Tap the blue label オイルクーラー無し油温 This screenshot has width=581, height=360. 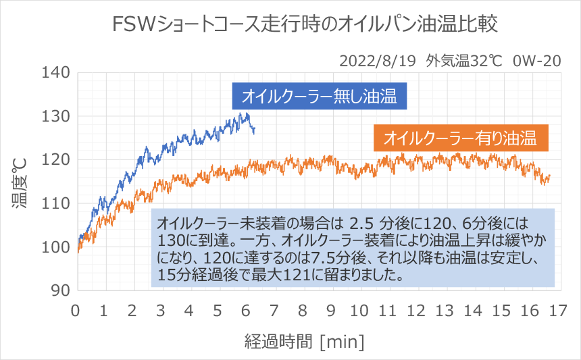[319, 96]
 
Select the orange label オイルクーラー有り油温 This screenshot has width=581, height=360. [460, 139]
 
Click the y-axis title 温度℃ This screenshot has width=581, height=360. [20, 180]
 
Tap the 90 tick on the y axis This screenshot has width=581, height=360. [59, 290]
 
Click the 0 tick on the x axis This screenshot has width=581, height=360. [76, 310]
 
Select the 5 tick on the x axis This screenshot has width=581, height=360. [218, 310]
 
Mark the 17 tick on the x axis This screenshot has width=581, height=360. [557, 310]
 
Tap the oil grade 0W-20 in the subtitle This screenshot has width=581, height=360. [537, 61]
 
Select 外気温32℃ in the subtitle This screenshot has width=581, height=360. [464, 61]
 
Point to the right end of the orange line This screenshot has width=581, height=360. [550, 176]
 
